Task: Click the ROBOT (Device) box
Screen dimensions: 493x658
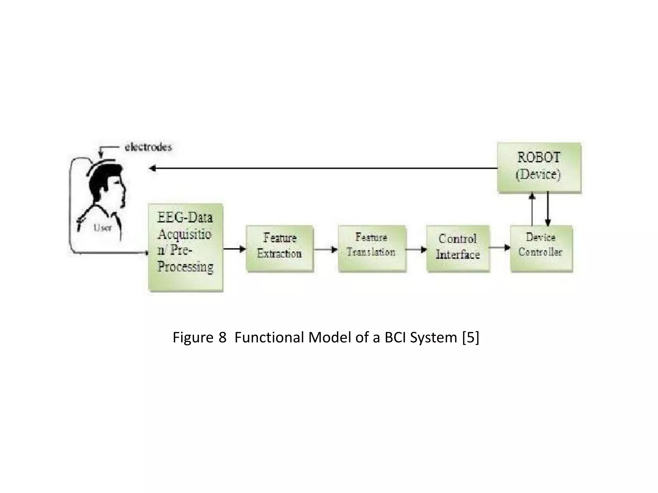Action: pyautogui.click(x=539, y=167)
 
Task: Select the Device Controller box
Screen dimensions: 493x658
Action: pyautogui.click(x=541, y=248)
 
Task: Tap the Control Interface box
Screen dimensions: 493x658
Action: pyautogui.click(x=458, y=248)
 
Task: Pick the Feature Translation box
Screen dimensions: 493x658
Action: pyautogui.click(x=372, y=248)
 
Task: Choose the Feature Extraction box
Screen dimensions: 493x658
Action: pyautogui.click(x=280, y=248)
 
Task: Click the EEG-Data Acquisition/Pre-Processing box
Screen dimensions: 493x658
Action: pyautogui.click(x=185, y=247)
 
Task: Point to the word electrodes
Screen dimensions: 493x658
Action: pyautogui.click(x=148, y=147)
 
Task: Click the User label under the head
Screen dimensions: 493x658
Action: pyautogui.click(x=102, y=228)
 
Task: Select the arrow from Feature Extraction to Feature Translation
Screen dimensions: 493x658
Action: pyautogui.click(x=325, y=249)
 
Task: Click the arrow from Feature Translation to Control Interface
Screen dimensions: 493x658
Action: pyautogui.click(x=416, y=249)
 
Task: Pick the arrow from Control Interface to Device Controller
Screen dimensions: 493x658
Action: pyautogui.click(x=500, y=247)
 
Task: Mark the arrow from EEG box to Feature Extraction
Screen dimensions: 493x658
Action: pyautogui.click(x=234, y=249)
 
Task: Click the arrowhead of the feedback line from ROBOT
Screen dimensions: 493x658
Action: pyautogui.click(x=153, y=168)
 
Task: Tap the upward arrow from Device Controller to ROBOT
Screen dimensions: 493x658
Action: pyautogui.click(x=532, y=209)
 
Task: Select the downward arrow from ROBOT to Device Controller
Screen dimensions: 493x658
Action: pyautogui.click(x=548, y=209)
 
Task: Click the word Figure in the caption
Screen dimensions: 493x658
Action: pyautogui.click(x=193, y=337)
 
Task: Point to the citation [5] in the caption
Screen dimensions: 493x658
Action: pyautogui.click(x=470, y=337)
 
